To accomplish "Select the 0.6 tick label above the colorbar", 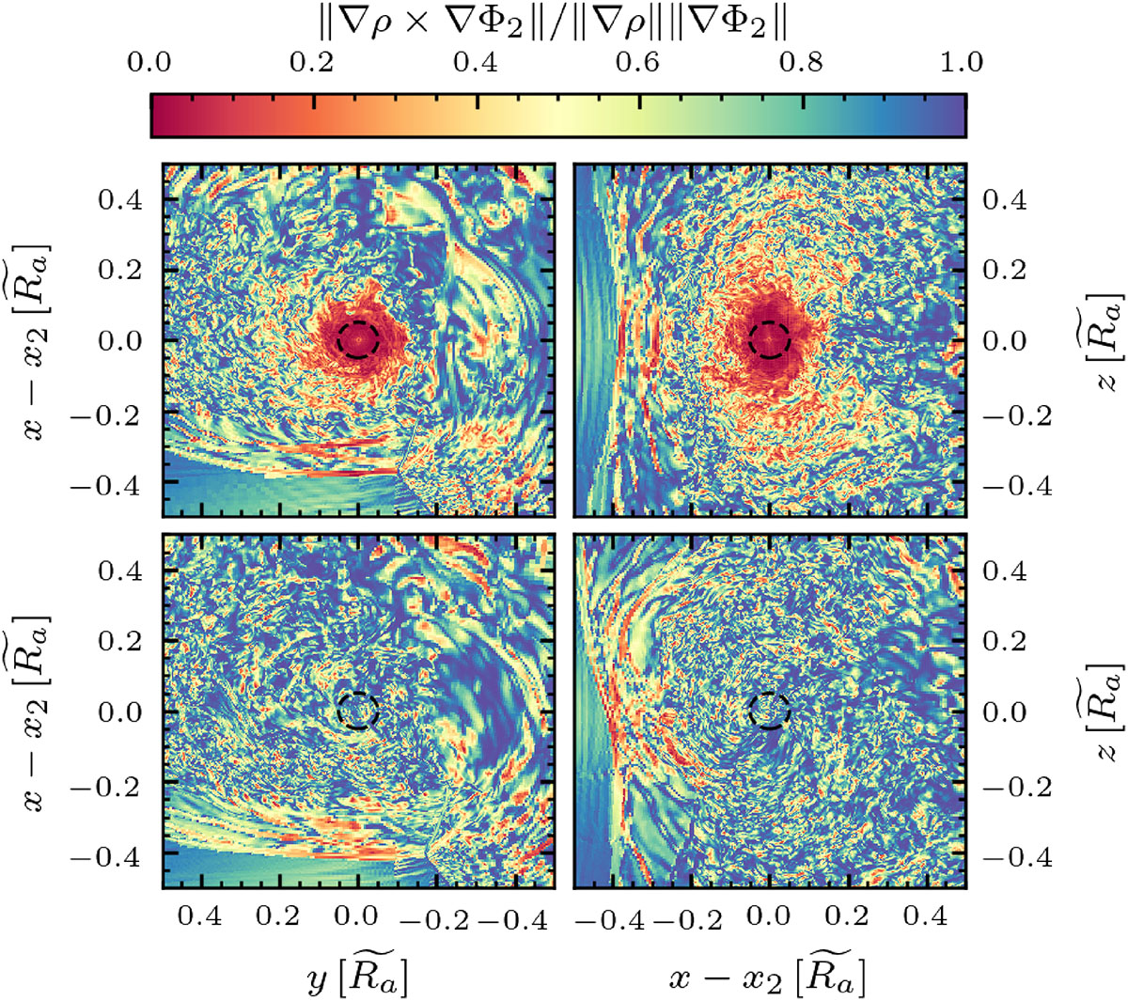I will [x=637, y=63].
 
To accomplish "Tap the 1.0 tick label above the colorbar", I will [x=961, y=63].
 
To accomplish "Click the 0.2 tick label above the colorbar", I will [x=312, y=63].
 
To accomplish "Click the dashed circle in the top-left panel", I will [x=358, y=338].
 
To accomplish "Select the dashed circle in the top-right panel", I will [x=769, y=339].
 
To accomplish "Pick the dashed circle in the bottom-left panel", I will [x=358, y=711].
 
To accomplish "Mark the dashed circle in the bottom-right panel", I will [x=770, y=711].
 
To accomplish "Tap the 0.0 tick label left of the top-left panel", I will [x=120, y=340].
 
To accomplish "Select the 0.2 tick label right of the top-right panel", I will [x=1004, y=270].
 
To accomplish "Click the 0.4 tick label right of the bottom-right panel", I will [x=1004, y=571].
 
